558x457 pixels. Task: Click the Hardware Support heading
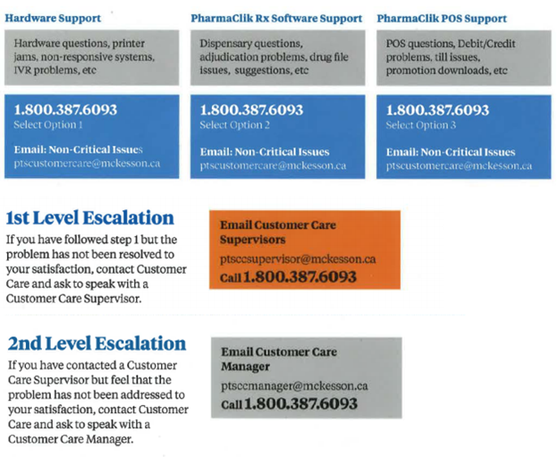point(53,18)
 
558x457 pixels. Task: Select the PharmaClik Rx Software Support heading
point(276,18)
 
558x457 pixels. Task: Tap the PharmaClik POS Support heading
point(442,19)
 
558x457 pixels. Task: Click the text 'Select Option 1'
point(48,125)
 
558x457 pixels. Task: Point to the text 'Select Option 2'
point(235,125)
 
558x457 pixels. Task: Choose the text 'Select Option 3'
point(421,125)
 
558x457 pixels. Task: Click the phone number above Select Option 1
point(65,110)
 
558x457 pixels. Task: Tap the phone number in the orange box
point(300,277)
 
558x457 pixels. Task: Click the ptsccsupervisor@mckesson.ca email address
point(298,259)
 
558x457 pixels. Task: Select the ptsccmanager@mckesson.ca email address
point(294,386)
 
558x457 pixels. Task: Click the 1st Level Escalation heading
point(90,218)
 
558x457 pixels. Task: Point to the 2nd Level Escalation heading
point(97,343)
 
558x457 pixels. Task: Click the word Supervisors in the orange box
point(253,240)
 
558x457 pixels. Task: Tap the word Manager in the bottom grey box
point(246,367)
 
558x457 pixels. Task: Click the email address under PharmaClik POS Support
point(459,165)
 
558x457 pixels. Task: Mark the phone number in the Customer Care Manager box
point(300,403)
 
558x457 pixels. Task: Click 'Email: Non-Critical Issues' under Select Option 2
point(265,152)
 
